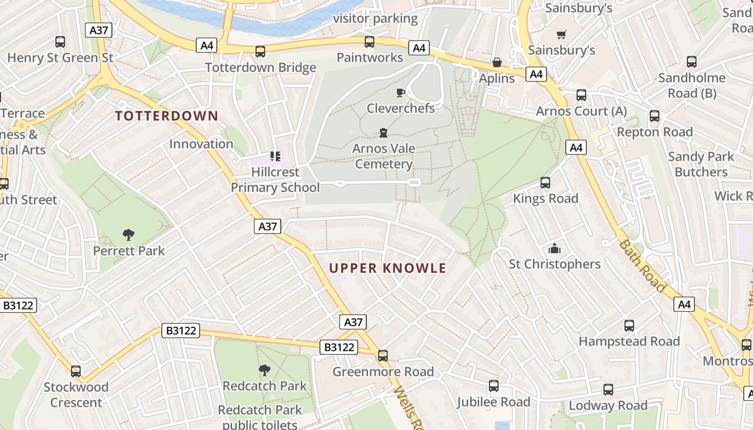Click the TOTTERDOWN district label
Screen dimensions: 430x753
[167, 116]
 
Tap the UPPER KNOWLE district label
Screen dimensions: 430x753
[387, 268]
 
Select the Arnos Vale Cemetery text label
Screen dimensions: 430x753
[383, 156]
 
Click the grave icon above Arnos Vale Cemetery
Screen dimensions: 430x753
[383, 132]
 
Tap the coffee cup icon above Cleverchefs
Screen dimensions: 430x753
[400, 93]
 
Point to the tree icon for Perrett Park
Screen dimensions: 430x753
[128, 234]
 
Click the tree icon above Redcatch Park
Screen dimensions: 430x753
[264, 370]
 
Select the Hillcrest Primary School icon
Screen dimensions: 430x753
[275, 156]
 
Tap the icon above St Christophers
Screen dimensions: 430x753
[554, 248]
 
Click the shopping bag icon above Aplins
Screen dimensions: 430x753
[496, 62]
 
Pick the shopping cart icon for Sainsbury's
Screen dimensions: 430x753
[562, 34]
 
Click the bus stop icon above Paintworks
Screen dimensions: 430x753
[370, 42]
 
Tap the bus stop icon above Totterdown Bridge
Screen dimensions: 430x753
[260, 52]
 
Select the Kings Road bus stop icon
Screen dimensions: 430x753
[545, 183]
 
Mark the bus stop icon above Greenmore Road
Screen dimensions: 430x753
[383, 356]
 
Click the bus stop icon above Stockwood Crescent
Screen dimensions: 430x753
[76, 371]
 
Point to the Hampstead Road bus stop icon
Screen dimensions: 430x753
[629, 326]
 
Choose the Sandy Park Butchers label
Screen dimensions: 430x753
[700, 164]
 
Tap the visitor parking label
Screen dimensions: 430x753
[375, 19]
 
